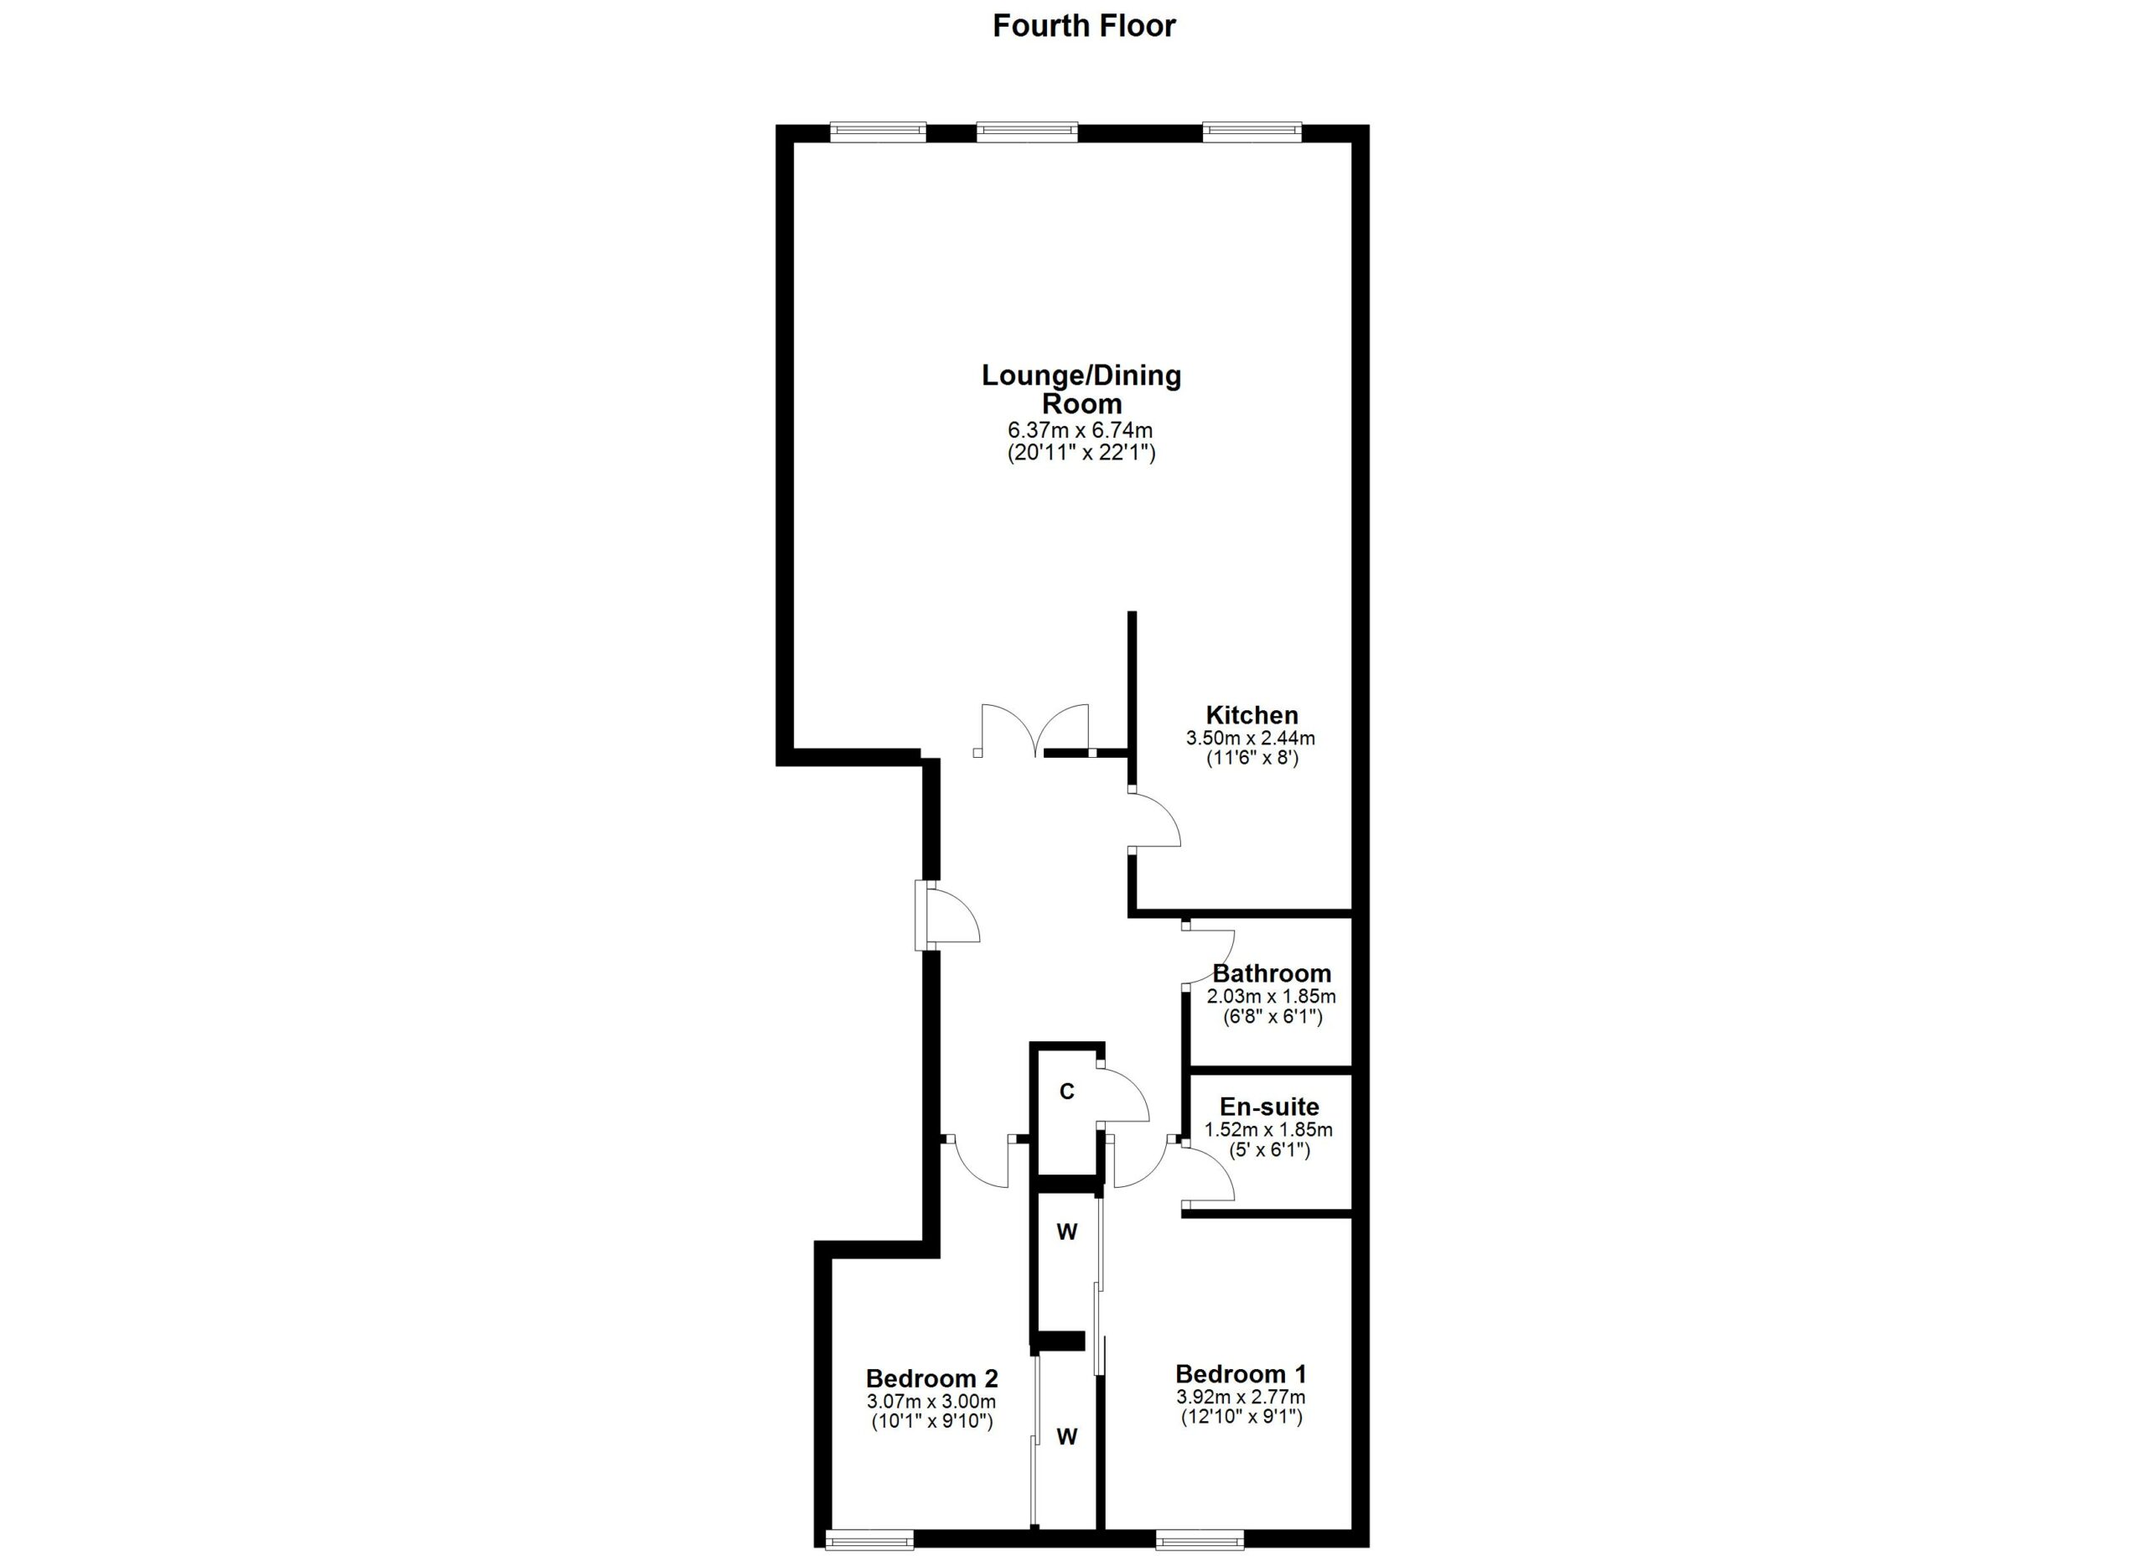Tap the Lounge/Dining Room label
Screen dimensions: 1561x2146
1081,389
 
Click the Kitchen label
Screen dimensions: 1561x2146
1251,715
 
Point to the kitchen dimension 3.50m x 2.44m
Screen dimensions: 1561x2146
1251,738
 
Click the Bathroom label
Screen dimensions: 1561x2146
1271,973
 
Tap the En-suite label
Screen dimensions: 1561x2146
1268,1107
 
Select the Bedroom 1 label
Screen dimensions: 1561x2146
1241,1374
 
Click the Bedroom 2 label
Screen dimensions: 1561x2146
932,1378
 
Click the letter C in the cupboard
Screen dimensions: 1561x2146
1066,1092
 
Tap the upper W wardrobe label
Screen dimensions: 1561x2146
1066,1232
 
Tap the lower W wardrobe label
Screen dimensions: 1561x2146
1066,1437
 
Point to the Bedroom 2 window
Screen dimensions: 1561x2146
869,1540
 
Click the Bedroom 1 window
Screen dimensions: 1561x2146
1200,1540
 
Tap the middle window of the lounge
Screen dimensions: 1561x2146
1027,132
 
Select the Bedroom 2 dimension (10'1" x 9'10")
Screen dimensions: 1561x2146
932,1422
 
